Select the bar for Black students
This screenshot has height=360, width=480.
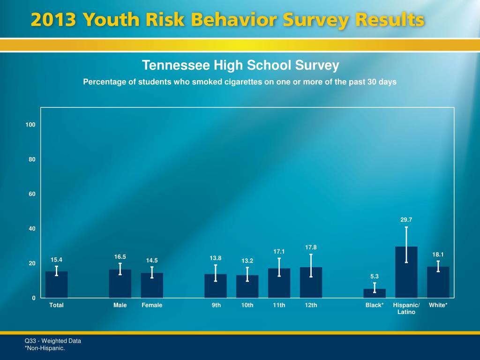(375, 293)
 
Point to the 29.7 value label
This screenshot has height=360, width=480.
(406, 219)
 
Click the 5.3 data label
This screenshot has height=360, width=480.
(375, 277)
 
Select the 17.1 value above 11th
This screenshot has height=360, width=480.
(279, 252)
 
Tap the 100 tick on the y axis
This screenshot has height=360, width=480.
(31, 125)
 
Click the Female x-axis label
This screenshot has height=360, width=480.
(152, 305)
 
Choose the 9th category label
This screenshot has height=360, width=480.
(216, 305)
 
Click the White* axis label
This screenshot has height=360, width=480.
(438, 305)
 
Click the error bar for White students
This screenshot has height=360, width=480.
(438, 266)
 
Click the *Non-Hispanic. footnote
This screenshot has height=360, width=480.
(45, 348)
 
